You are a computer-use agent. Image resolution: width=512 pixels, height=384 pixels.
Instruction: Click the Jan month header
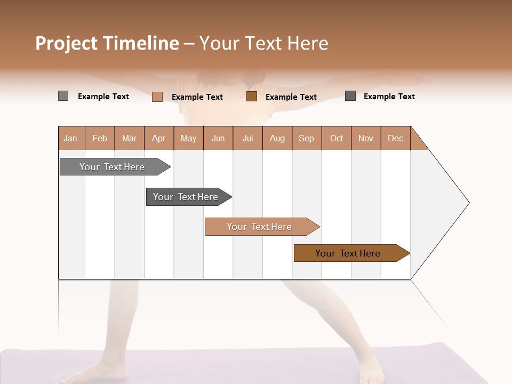click(x=71, y=138)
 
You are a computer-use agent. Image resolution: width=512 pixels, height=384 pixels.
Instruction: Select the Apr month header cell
click(x=159, y=138)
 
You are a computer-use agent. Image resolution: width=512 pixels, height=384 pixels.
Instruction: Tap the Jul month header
click(x=247, y=138)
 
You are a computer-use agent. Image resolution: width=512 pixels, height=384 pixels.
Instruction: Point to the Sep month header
click(x=307, y=138)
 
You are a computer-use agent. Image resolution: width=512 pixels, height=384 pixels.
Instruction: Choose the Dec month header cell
click(x=395, y=138)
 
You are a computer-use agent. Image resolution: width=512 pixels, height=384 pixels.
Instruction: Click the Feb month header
click(x=100, y=138)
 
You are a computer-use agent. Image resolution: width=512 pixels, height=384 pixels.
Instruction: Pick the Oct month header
click(x=337, y=138)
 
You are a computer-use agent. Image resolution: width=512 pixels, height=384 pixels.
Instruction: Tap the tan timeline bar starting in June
click(x=260, y=227)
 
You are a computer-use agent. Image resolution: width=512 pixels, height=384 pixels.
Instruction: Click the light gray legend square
click(x=63, y=96)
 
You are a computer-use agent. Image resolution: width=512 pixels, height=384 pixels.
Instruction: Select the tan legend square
click(x=157, y=97)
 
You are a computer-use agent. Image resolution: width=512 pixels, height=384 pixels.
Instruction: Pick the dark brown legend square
click(x=252, y=97)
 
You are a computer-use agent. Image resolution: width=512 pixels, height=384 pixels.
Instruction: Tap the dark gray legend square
click(x=350, y=96)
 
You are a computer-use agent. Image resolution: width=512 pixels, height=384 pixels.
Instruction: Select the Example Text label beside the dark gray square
click(x=389, y=97)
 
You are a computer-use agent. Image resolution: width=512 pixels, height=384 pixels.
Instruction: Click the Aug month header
click(x=277, y=138)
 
